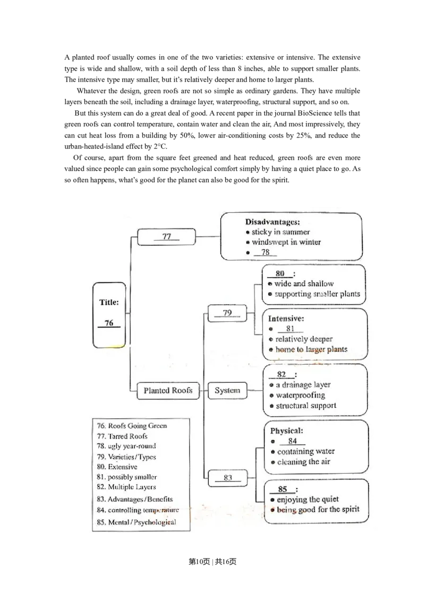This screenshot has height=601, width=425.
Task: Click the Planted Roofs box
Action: pyautogui.click(x=168, y=391)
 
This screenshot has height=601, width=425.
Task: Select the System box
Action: pyautogui.click(x=227, y=391)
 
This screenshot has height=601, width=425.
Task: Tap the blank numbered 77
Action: pyautogui.click(x=167, y=237)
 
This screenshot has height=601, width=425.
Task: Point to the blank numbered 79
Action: pyautogui.click(x=227, y=313)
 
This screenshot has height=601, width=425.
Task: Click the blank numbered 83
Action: pyautogui.click(x=228, y=478)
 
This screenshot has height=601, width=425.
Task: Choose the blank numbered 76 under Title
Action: pyautogui.click(x=109, y=323)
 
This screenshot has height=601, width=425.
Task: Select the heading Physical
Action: pyautogui.click(x=287, y=431)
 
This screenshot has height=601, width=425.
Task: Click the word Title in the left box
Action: pyautogui.click(x=109, y=303)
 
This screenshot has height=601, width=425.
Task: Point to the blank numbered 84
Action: pyautogui.click(x=293, y=441)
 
